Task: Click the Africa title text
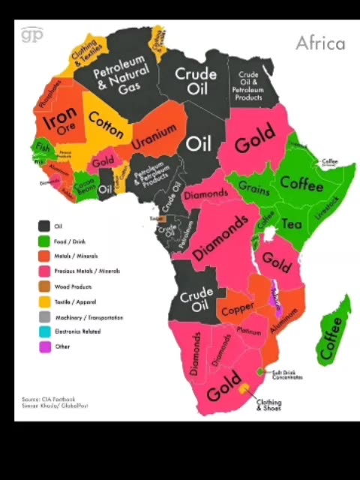pyautogui.click(x=320, y=43)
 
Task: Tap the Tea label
pyautogui.click(x=291, y=223)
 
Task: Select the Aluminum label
pyautogui.click(x=283, y=321)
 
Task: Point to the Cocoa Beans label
pyautogui.click(x=84, y=184)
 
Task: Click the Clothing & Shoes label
pyautogui.click(x=268, y=404)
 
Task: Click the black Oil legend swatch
pyautogui.click(x=45, y=226)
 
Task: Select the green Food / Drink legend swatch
pyautogui.click(x=45, y=241)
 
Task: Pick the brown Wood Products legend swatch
pyautogui.click(x=45, y=286)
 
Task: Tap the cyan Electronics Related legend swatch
pyautogui.click(x=45, y=331)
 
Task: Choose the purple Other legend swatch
pyautogui.click(x=45, y=346)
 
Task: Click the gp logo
pyautogui.click(x=32, y=34)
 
